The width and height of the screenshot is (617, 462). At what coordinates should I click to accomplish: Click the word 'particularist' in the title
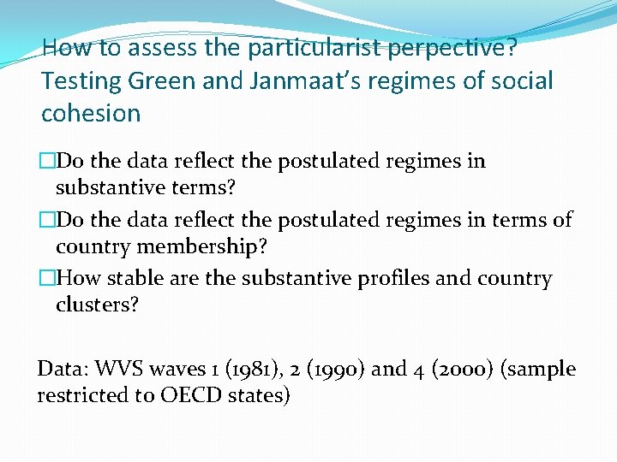tap(314, 48)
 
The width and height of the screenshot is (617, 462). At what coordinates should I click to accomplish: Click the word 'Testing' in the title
tap(81, 80)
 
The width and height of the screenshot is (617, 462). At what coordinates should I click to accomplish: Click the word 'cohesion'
tap(91, 113)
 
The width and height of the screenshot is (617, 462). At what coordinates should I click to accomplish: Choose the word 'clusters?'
tap(97, 305)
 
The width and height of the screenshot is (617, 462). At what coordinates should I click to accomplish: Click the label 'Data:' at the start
tap(62, 369)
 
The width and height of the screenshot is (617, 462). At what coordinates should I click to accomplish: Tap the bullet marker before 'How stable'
tap(48, 278)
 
